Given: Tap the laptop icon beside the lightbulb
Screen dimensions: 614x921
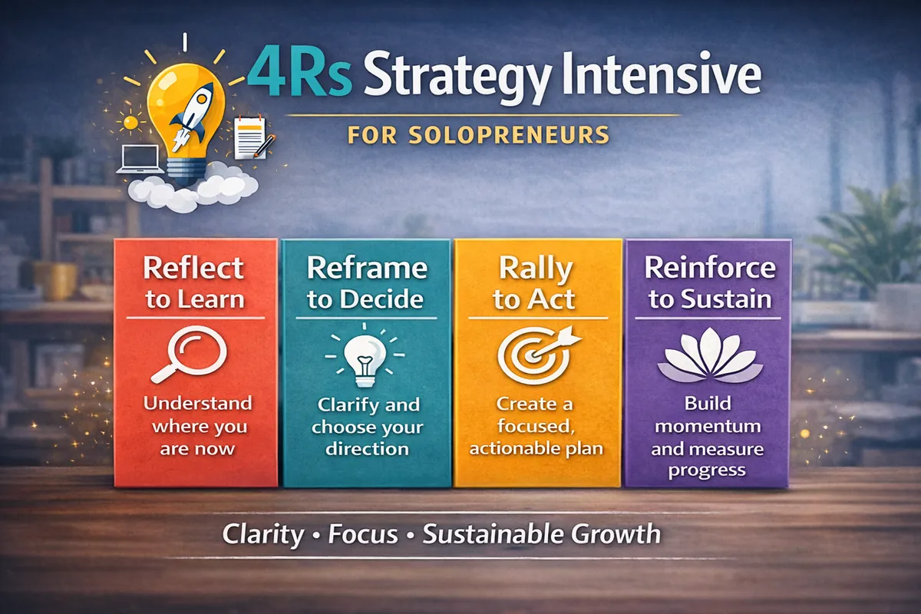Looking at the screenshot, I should (138, 158).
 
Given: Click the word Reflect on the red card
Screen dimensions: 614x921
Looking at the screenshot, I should (193, 269).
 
